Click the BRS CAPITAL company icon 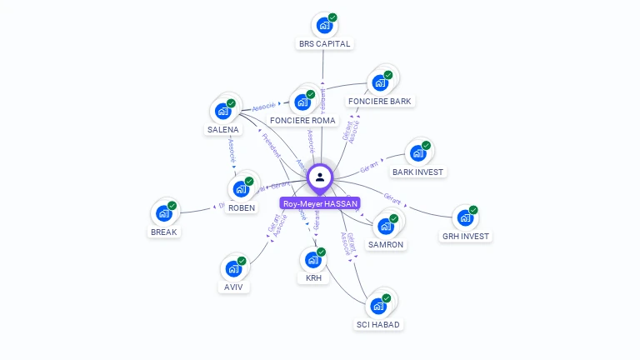coord(323,26)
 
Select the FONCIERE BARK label coord(380,102)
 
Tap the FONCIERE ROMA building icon coord(303,102)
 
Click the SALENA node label coord(223,129)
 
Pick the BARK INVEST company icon coord(417,154)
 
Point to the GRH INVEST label coord(466,237)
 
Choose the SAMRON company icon coord(385,227)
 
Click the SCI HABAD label coord(377,324)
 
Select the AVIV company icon coord(233,269)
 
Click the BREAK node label coord(163,232)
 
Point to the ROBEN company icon coord(241,189)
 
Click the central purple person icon coord(320,177)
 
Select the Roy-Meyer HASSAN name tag coord(320,203)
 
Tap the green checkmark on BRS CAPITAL coord(332,17)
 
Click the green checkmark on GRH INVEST coord(473,210)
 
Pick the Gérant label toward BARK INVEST coord(370,167)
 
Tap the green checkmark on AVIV coord(242,261)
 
